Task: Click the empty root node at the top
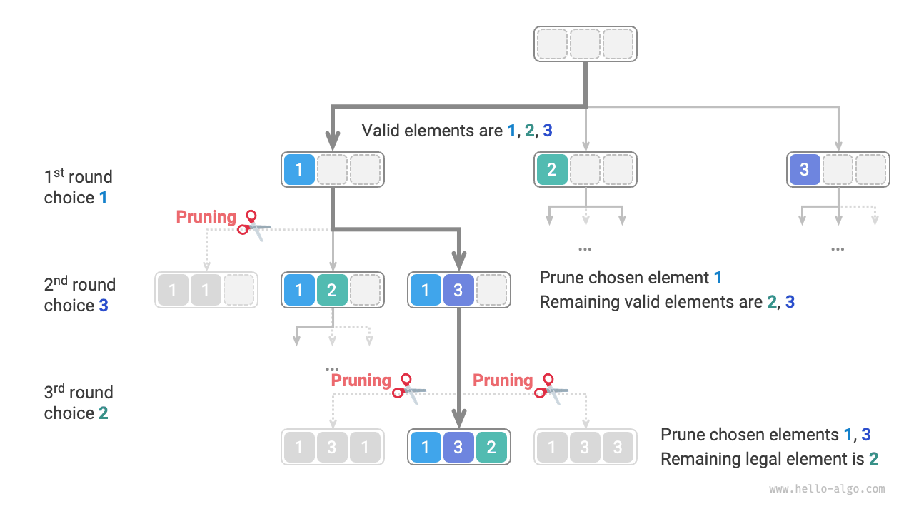[586, 44]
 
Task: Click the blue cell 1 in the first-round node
[299, 170]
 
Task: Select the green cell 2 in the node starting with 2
[552, 170]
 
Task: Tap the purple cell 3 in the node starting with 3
[805, 170]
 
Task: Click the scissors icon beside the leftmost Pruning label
[253, 223]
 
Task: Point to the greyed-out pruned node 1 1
[206, 290]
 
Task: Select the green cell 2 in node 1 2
[332, 290]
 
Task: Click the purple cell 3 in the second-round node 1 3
[458, 290]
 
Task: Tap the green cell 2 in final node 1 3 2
[491, 447]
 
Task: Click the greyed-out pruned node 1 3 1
[332, 447]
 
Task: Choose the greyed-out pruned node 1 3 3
[586, 447]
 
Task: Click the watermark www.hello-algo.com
[827, 489]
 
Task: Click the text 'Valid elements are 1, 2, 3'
[457, 131]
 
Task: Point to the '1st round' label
[78, 176]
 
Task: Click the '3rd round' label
[78, 392]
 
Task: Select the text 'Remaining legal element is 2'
[769, 459]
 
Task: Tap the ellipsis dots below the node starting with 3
[838, 249]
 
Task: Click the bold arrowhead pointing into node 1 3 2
[459, 418]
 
